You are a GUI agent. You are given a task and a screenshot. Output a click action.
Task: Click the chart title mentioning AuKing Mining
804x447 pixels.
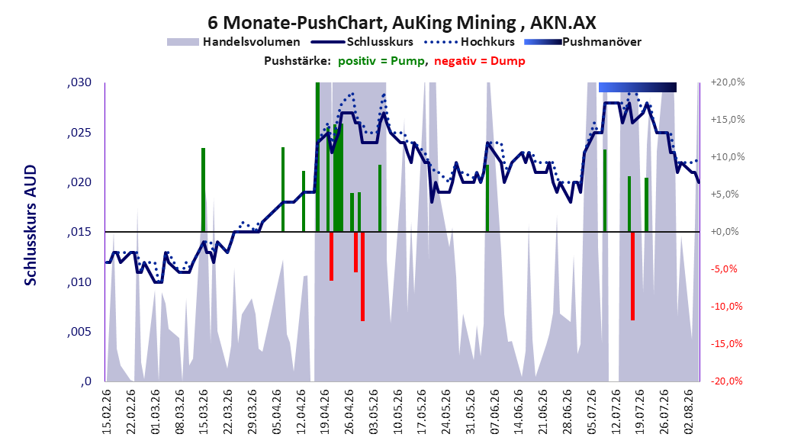click(x=402, y=23)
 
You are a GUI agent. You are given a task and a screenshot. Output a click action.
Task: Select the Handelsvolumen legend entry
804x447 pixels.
click(x=233, y=42)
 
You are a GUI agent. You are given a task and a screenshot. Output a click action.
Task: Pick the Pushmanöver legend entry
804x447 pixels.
click(x=583, y=42)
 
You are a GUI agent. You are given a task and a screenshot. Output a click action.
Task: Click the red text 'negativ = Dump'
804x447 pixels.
click(x=480, y=61)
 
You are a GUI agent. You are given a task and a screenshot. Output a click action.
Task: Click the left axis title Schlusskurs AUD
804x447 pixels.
click(x=31, y=225)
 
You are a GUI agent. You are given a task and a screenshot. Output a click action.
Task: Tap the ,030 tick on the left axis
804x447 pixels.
click(x=79, y=82)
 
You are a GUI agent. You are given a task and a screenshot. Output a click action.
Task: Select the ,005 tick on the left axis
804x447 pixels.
click(x=79, y=332)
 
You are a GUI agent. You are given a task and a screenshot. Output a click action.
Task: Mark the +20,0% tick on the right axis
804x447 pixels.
click(x=728, y=82)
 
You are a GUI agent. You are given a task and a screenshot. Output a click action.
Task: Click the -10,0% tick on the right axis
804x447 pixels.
click(x=726, y=307)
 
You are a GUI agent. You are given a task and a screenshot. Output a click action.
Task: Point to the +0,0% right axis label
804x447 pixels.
click(x=725, y=232)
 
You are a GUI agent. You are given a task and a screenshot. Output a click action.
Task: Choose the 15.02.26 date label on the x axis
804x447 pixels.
click(x=107, y=412)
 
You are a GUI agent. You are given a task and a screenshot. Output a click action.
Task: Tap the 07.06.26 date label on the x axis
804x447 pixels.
click(x=494, y=412)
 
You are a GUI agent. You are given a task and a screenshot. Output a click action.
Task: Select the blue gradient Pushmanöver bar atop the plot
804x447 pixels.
click(x=638, y=87)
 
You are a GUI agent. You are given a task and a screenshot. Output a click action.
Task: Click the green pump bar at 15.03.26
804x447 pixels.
click(x=203, y=190)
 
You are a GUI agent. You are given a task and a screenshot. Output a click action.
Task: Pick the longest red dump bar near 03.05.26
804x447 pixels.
click(x=362, y=276)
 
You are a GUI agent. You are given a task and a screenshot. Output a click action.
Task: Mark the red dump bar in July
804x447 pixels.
click(x=632, y=276)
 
